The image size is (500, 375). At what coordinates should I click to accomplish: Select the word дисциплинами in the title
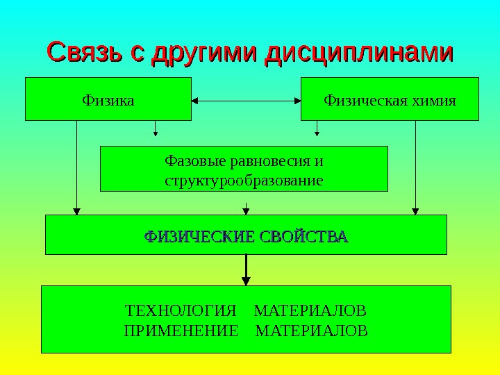click(361, 53)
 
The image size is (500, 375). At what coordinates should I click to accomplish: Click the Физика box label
click(108, 99)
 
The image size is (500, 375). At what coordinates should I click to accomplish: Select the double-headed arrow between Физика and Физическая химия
click(246, 101)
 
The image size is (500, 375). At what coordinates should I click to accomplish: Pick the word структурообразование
click(244, 181)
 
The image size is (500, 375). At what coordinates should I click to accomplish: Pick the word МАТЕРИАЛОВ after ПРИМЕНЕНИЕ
click(312, 328)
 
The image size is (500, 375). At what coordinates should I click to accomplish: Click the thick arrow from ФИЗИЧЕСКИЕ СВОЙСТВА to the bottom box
click(246, 270)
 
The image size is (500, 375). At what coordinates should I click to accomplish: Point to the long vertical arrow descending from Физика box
click(77, 167)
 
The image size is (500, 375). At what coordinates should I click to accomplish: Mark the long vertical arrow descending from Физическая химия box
click(415, 167)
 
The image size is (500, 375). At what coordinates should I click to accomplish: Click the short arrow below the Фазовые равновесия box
click(246, 208)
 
